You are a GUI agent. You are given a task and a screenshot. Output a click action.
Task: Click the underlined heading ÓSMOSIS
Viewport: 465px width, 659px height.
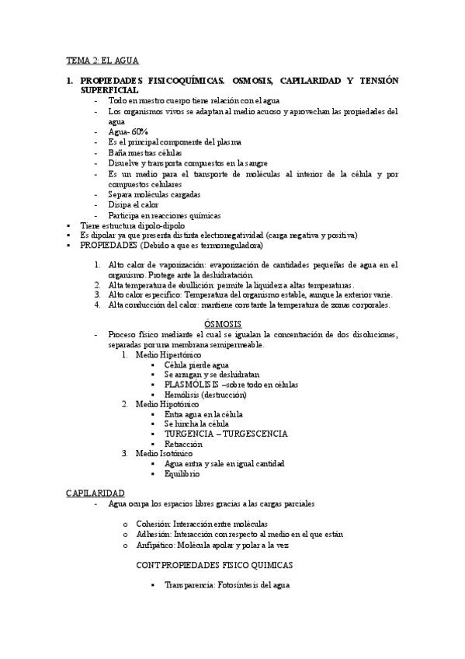pyautogui.click(x=223, y=323)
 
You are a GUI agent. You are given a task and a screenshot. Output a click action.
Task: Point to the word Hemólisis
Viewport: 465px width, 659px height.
pyautogui.click(x=183, y=394)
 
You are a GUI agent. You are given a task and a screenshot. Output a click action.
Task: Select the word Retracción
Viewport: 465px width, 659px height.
pyautogui.click(x=183, y=444)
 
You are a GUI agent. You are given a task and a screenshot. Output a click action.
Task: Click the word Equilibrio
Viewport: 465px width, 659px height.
pyautogui.click(x=182, y=473)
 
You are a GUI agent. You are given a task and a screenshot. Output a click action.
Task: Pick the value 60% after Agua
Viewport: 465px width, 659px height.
pyautogui.click(x=140, y=132)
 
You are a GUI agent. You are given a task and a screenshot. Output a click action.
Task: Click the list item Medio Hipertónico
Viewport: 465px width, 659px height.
pyautogui.click(x=168, y=354)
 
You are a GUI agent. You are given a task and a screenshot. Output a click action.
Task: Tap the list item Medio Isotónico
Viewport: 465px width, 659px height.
pyautogui.click(x=165, y=454)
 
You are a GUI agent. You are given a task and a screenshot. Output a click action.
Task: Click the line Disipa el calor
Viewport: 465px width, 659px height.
pyautogui.click(x=134, y=204)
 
